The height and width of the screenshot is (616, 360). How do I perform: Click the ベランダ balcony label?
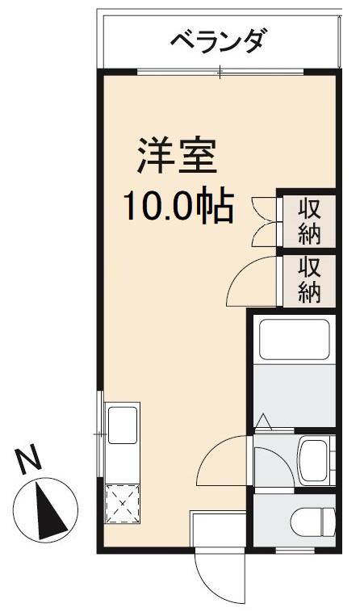click(216, 40)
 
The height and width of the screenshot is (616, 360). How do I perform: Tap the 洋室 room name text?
click(177, 157)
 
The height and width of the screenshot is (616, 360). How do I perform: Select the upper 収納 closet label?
click(310, 220)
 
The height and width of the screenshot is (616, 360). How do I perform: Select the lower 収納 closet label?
click(310, 279)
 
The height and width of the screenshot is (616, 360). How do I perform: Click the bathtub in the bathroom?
click(292, 340)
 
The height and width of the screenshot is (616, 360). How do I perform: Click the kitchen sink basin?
click(122, 424)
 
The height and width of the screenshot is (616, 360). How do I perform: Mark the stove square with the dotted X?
click(122, 505)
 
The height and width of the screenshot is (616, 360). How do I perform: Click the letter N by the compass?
click(30, 461)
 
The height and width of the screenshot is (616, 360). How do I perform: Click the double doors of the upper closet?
click(264, 220)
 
